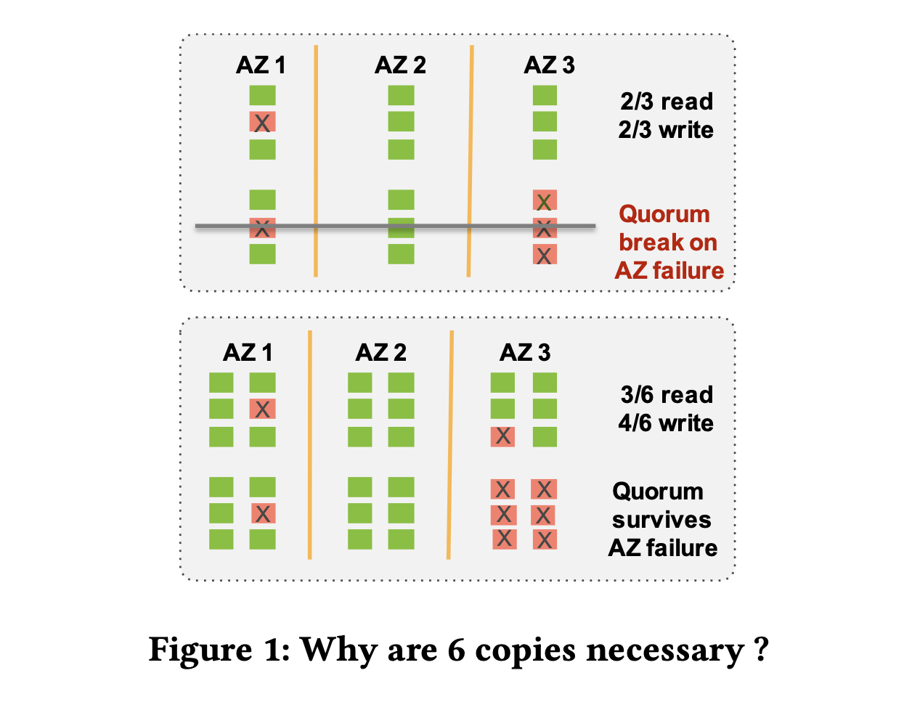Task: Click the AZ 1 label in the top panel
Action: pyautogui.click(x=261, y=65)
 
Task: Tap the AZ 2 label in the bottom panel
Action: pyautogui.click(x=380, y=353)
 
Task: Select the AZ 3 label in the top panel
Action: pyautogui.click(x=549, y=65)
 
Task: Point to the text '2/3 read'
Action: pyautogui.click(x=667, y=102)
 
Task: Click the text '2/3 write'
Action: pyautogui.click(x=666, y=130)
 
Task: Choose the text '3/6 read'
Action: pyautogui.click(x=667, y=395)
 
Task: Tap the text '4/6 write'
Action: pyautogui.click(x=666, y=423)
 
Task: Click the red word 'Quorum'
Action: pyautogui.click(x=664, y=214)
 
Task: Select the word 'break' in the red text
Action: pyautogui.click(x=643, y=242)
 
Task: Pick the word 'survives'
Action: pyautogui.click(x=661, y=520)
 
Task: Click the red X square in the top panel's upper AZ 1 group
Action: pyautogui.click(x=262, y=122)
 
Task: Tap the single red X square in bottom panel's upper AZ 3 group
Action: pyautogui.click(x=502, y=436)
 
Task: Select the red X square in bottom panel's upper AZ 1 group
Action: pyautogui.click(x=262, y=409)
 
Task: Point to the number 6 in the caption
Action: pyautogui.click(x=456, y=650)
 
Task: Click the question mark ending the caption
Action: pyautogui.click(x=760, y=648)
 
